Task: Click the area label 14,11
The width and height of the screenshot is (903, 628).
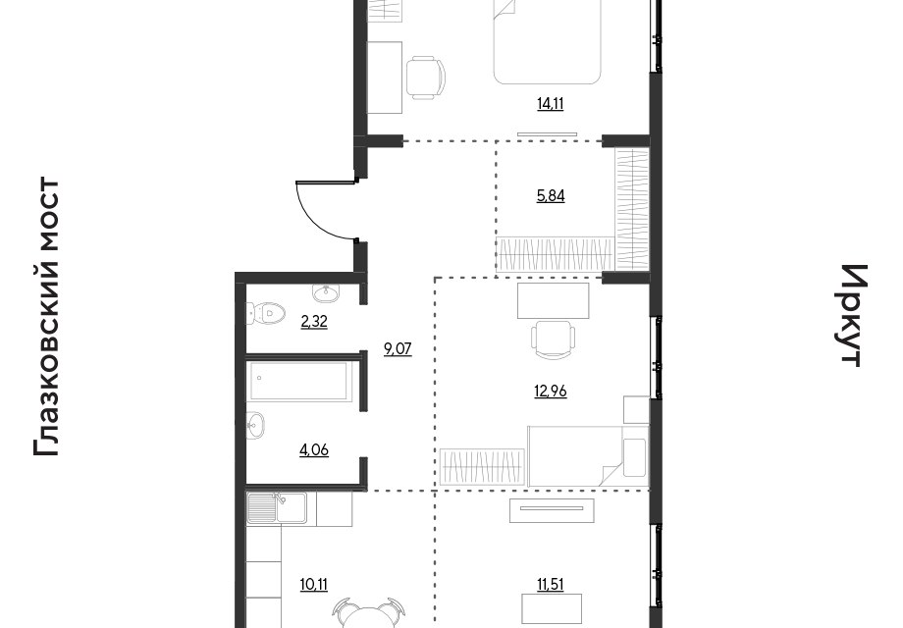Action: tap(550, 104)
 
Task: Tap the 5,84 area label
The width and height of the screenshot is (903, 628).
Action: tap(551, 196)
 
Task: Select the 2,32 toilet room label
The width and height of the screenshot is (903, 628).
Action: tap(314, 322)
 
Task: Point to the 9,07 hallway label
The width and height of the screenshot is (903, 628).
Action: tap(398, 349)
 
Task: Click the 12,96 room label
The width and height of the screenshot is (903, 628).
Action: tap(551, 392)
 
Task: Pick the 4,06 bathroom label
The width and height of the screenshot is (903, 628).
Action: tap(314, 449)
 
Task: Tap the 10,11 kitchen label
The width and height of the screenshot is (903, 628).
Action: tap(314, 585)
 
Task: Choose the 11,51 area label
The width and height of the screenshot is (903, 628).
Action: tap(550, 585)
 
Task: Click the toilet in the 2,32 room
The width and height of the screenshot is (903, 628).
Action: tap(265, 314)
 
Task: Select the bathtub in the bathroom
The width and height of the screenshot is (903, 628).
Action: tap(299, 381)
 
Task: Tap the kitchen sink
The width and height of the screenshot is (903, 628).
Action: tap(277, 507)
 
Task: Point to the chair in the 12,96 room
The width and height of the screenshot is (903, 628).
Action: tap(554, 340)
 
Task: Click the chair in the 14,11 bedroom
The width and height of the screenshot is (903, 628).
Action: tap(426, 78)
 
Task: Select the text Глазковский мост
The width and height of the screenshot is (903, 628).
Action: tap(47, 317)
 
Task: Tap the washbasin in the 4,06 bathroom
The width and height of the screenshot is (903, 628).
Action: tap(256, 426)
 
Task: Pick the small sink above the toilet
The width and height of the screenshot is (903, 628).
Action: tap(327, 293)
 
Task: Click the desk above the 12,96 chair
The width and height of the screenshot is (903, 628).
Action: tap(554, 300)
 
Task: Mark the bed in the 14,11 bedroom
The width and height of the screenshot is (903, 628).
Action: tap(547, 42)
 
